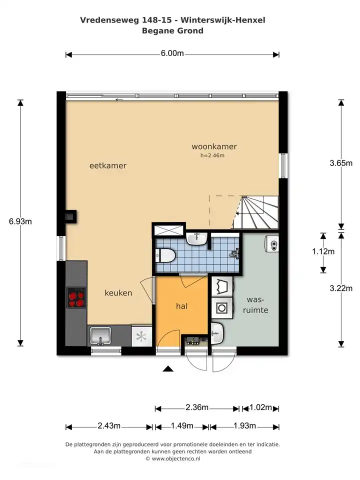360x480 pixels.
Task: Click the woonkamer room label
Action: point(214,146)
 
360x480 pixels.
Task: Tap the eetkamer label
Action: point(108,165)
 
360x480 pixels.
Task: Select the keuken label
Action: point(118,293)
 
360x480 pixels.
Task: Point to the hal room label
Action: point(181,306)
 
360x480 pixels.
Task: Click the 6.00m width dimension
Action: point(172,53)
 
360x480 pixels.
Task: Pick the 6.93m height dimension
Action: point(20,221)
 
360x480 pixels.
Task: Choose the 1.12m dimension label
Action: point(323,251)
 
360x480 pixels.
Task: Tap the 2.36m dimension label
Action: point(197,407)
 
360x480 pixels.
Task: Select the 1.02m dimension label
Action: point(260,407)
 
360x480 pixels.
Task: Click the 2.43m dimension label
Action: point(109,426)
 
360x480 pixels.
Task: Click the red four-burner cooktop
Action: point(76,297)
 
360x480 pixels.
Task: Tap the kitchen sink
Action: point(100,335)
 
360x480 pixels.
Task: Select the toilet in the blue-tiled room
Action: point(165,255)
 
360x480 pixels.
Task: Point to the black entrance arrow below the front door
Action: point(168,368)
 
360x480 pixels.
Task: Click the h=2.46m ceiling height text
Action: point(212,155)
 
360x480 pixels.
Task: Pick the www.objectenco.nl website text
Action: point(176,458)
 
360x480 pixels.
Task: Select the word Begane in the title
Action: point(155,31)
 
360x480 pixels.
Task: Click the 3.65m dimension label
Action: point(341,163)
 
